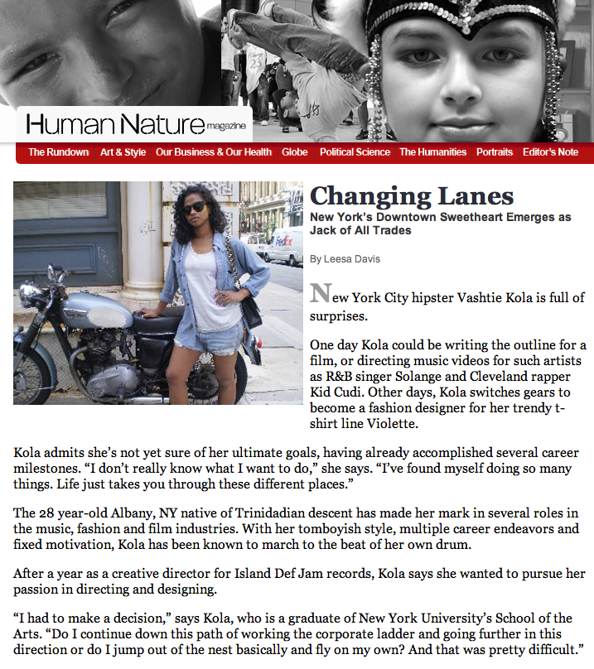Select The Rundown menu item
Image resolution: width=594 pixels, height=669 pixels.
tap(58, 152)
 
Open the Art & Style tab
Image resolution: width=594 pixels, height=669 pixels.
tap(123, 152)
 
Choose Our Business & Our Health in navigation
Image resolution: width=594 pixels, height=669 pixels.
tap(214, 152)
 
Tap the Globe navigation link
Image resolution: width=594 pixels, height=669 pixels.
tap(295, 152)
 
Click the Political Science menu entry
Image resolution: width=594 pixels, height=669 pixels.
tap(355, 152)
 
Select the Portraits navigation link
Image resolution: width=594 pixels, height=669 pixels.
tap(495, 152)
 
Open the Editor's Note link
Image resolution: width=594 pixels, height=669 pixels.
tap(551, 152)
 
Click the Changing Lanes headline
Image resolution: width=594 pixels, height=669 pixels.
tap(412, 196)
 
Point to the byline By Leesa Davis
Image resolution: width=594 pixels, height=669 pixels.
tap(345, 259)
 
